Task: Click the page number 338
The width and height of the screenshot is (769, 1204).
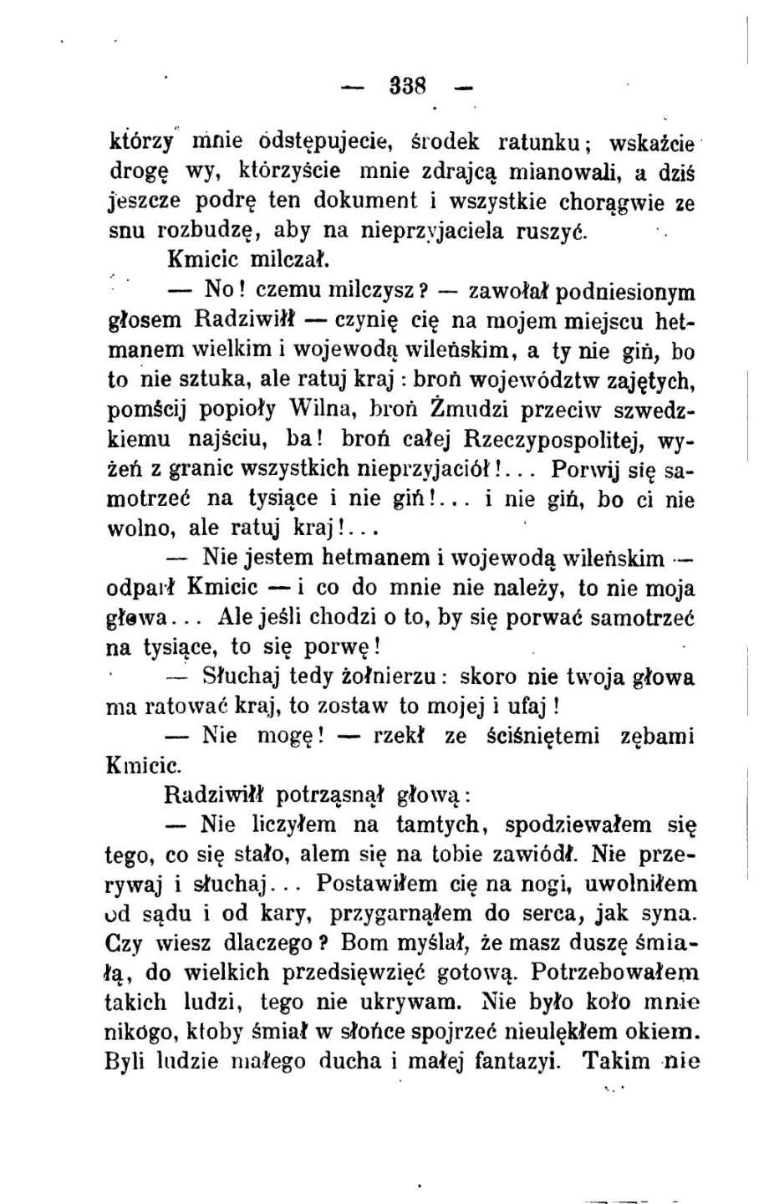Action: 408,85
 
